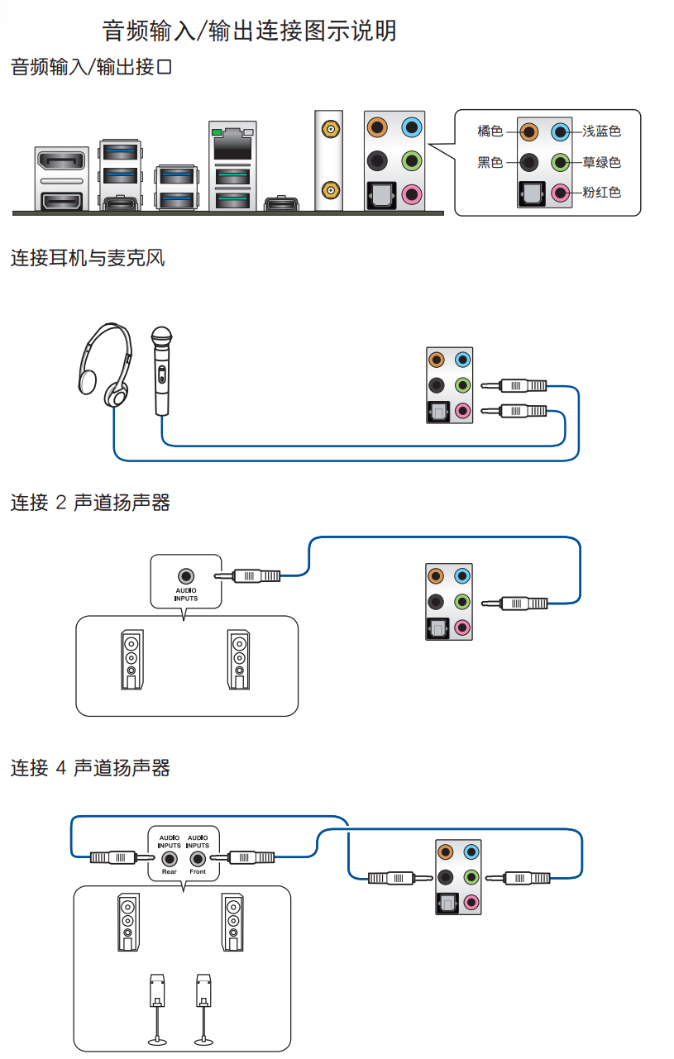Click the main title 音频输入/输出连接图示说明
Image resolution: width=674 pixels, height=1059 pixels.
click(249, 31)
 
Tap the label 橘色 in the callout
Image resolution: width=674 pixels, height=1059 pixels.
click(490, 131)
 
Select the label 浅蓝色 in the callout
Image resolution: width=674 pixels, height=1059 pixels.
click(600, 131)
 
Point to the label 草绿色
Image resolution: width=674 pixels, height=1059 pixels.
click(600, 162)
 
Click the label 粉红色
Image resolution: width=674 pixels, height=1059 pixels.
click(600, 193)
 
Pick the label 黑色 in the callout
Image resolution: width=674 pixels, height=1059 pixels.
click(490, 162)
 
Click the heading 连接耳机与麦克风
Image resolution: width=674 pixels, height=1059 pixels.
click(87, 259)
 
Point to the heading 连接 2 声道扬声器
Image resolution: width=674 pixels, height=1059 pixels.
click(89, 503)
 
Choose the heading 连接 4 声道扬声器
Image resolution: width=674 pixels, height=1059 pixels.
click(89, 768)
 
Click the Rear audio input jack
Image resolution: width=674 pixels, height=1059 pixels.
click(170, 858)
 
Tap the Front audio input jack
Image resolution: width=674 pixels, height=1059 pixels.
click(198, 858)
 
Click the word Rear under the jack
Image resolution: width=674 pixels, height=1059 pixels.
click(170, 872)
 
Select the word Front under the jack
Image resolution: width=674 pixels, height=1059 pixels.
click(198, 872)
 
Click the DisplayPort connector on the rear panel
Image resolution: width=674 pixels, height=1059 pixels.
click(61, 162)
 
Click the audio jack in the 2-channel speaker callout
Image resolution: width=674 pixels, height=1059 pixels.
click(186, 575)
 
